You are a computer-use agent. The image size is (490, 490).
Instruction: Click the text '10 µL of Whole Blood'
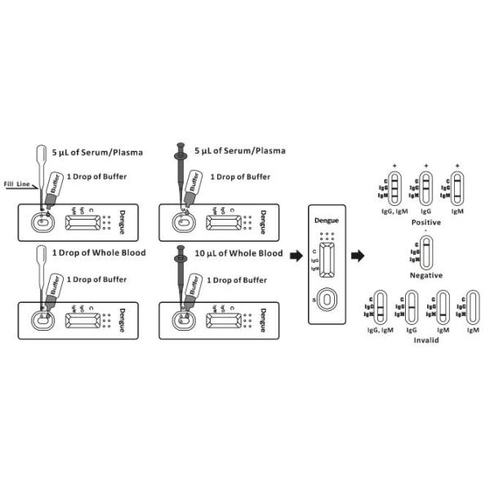click(x=238, y=253)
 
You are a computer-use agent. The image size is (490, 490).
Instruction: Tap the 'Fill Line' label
click(x=17, y=185)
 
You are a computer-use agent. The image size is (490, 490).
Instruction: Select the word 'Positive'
click(x=425, y=222)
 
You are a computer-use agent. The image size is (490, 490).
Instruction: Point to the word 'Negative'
click(x=425, y=275)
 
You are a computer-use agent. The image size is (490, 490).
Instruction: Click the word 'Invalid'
click(x=425, y=339)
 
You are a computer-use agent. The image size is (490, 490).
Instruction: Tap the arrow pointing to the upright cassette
click(x=296, y=256)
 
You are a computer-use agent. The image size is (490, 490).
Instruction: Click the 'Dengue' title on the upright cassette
click(x=327, y=220)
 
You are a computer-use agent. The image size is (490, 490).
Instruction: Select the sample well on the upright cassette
click(x=327, y=300)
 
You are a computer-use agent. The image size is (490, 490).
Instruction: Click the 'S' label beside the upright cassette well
click(x=310, y=301)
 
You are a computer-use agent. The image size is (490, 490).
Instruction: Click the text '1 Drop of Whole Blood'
click(x=99, y=253)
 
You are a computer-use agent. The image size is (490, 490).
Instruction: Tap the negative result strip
click(x=426, y=253)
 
